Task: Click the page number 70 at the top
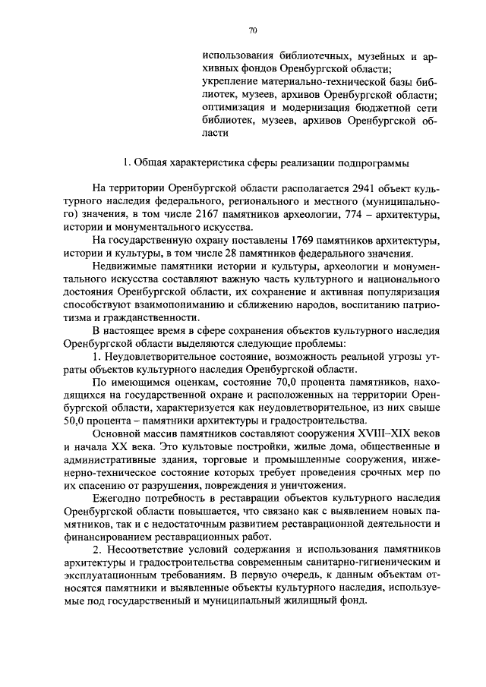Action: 254,30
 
